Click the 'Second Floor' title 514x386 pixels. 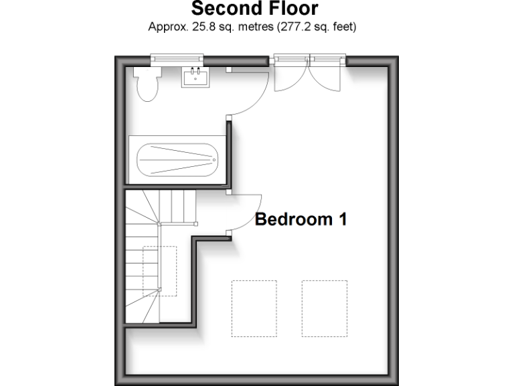click(x=254, y=9)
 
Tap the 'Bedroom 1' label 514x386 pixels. click(x=301, y=219)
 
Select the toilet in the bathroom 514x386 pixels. click(x=147, y=86)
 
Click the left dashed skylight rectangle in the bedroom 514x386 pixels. click(x=254, y=308)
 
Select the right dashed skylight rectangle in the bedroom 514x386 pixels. click(x=324, y=308)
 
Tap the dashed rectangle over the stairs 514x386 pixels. click(x=159, y=271)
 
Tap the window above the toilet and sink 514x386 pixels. click(x=177, y=60)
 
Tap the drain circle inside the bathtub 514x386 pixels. click(x=214, y=160)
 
